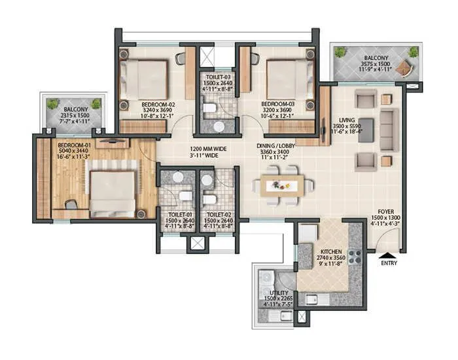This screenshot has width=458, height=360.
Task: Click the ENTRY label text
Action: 389,263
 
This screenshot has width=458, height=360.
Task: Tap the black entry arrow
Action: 389,254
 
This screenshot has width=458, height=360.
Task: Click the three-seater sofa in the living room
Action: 389,130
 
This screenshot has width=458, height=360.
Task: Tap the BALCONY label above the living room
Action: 376,57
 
